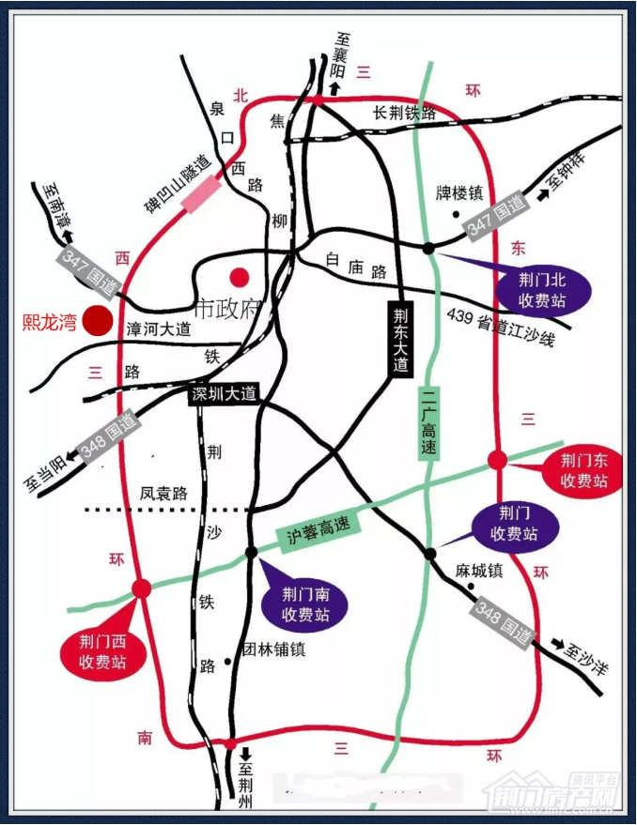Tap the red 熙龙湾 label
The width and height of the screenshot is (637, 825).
pyautogui.click(x=50, y=321)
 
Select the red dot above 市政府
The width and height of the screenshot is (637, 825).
pyautogui.click(x=241, y=277)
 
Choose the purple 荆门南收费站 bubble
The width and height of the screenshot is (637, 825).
pyautogui.click(x=307, y=605)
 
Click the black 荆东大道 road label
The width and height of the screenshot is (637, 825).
pyautogui.click(x=400, y=339)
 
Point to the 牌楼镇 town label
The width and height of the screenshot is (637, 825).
pyautogui.click(x=459, y=193)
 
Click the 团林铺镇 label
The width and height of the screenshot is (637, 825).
pyautogui.click(x=274, y=649)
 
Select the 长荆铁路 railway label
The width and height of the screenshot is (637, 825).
pyautogui.click(x=405, y=114)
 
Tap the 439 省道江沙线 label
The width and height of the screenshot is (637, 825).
pyautogui.click(x=502, y=326)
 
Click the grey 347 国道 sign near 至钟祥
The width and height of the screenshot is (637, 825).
pyautogui.click(x=496, y=215)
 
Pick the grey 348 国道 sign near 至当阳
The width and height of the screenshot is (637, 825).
pyautogui.click(x=109, y=437)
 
